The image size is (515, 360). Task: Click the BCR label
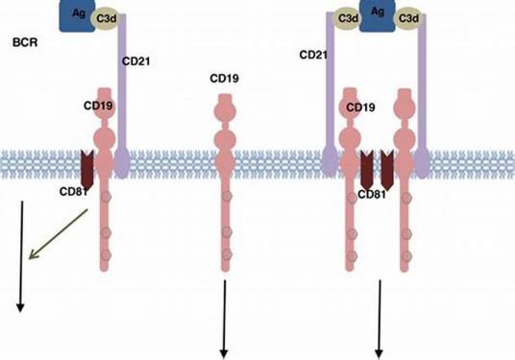(24, 43)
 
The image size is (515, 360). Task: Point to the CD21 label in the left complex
(135, 62)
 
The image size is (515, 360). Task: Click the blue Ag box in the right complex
(379, 15)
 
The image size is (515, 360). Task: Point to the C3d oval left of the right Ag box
(347, 16)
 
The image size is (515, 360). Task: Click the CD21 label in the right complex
(314, 56)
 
